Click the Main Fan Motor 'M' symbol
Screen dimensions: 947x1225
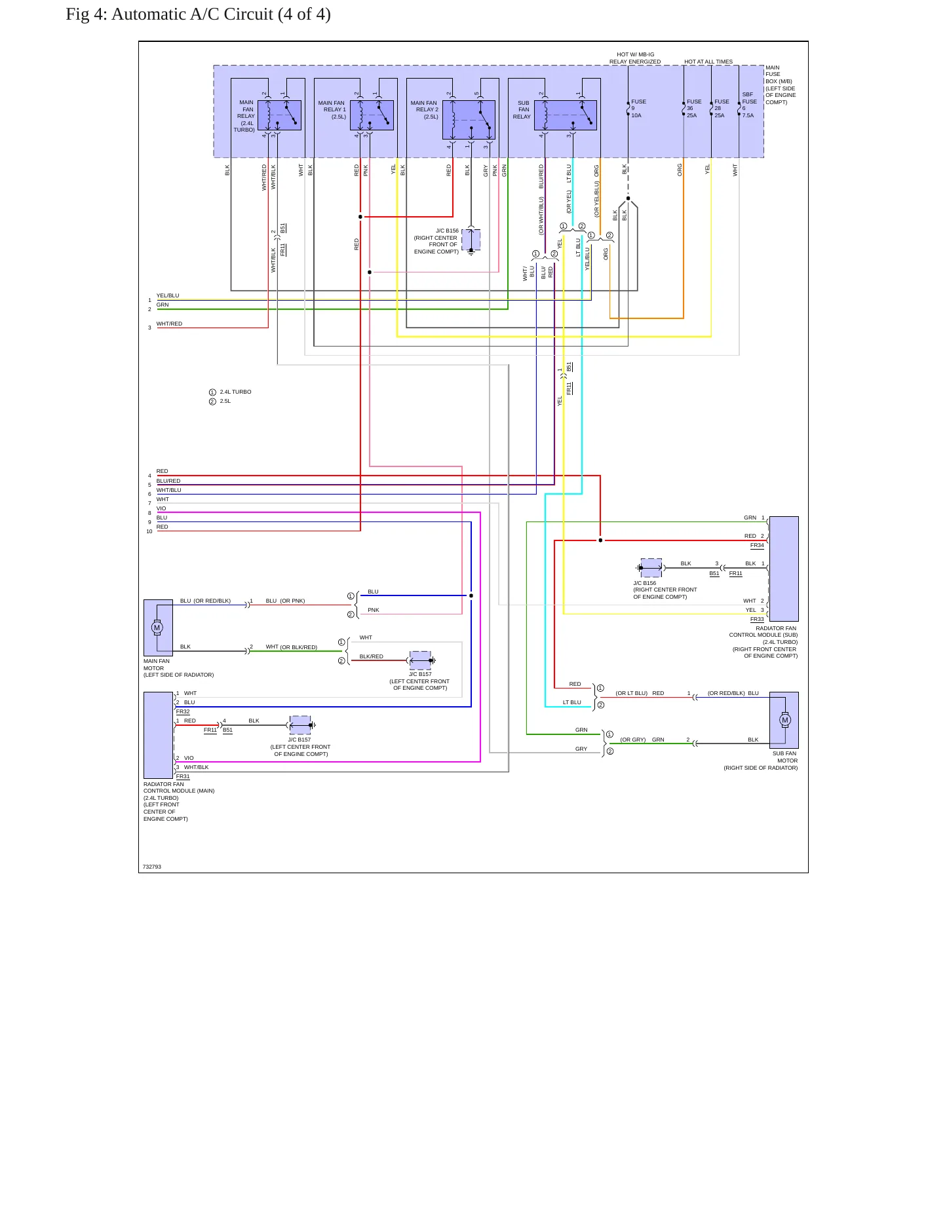(157, 628)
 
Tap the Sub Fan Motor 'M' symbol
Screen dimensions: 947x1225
(785, 720)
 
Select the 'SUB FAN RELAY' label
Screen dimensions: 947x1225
(522, 110)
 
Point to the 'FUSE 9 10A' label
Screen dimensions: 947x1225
(638, 109)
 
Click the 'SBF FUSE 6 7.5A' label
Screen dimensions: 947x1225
(749, 105)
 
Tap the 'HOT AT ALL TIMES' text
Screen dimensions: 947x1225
(708, 62)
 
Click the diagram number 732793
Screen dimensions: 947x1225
(152, 867)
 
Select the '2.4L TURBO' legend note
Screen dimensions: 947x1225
(235, 392)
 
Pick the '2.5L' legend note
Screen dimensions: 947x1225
(225, 401)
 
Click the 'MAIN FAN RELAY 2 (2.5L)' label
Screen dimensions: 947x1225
(425, 110)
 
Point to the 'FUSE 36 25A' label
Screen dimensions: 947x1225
(694, 109)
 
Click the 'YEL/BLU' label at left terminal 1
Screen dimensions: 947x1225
(168, 295)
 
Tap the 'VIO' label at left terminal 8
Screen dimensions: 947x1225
(161, 508)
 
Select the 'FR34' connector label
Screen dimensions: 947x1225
(757, 545)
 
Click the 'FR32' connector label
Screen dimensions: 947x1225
(183, 711)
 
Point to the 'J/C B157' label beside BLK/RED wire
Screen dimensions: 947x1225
(420, 674)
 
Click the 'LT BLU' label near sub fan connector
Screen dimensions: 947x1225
(572, 702)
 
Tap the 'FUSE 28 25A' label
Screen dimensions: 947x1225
(722, 109)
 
